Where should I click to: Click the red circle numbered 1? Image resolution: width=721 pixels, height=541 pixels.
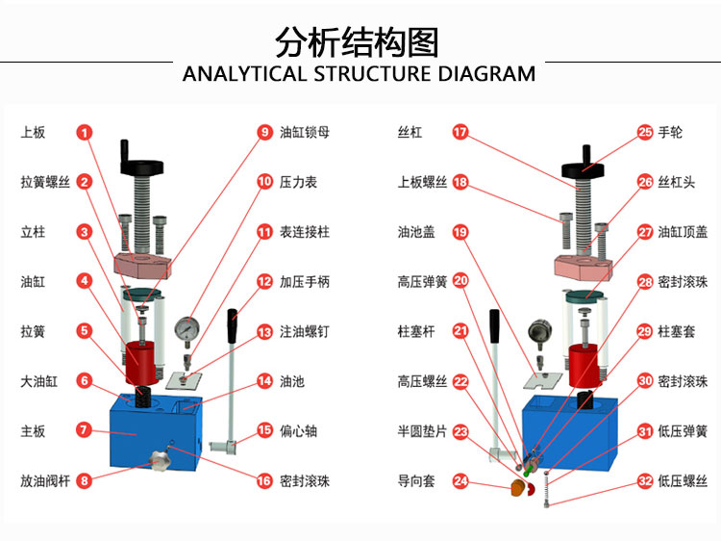coord(85,132)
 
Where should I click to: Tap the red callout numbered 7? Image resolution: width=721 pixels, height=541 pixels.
coord(85,430)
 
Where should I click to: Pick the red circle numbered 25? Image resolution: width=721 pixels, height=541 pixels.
coord(646,132)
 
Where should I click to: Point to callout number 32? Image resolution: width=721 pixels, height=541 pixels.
coord(646,480)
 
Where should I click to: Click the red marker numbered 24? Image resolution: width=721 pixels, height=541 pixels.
coord(460,480)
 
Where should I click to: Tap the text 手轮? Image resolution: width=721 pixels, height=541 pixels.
coord(670,132)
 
